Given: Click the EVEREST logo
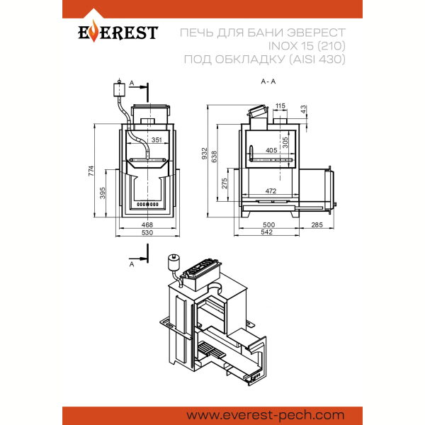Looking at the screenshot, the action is pyautogui.click(x=118, y=32).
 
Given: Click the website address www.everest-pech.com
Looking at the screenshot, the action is pyautogui.click(x=266, y=415).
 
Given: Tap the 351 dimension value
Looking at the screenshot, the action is pyautogui.click(x=157, y=140).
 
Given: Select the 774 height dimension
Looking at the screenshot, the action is pyautogui.click(x=91, y=171).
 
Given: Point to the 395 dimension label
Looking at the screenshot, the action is pyautogui.click(x=103, y=193).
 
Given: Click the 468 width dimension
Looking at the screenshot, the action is pyautogui.click(x=147, y=225).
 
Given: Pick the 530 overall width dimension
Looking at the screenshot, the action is pyautogui.click(x=147, y=232).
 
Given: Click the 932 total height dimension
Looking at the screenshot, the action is pyautogui.click(x=205, y=154).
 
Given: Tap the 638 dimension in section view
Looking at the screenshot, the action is pyautogui.click(x=214, y=157).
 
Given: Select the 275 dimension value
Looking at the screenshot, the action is pyautogui.click(x=225, y=183).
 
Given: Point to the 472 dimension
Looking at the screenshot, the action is pyautogui.click(x=271, y=191).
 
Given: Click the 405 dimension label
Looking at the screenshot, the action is pyautogui.click(x=271, y=150).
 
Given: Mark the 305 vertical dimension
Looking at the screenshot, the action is pyautogui.click(x=285, y=142).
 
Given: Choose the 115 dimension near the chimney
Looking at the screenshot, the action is pyautogui.click(x=280, y=106).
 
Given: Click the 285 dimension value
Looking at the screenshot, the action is pyautogui.click(x=317, y=225).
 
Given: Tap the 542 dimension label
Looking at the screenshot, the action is pyautogui.click(x=266, y=232).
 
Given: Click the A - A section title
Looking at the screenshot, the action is pyautogui.click(x=268, y=81).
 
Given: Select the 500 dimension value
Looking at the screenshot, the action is pyautogui.click(x=268, y=225).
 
